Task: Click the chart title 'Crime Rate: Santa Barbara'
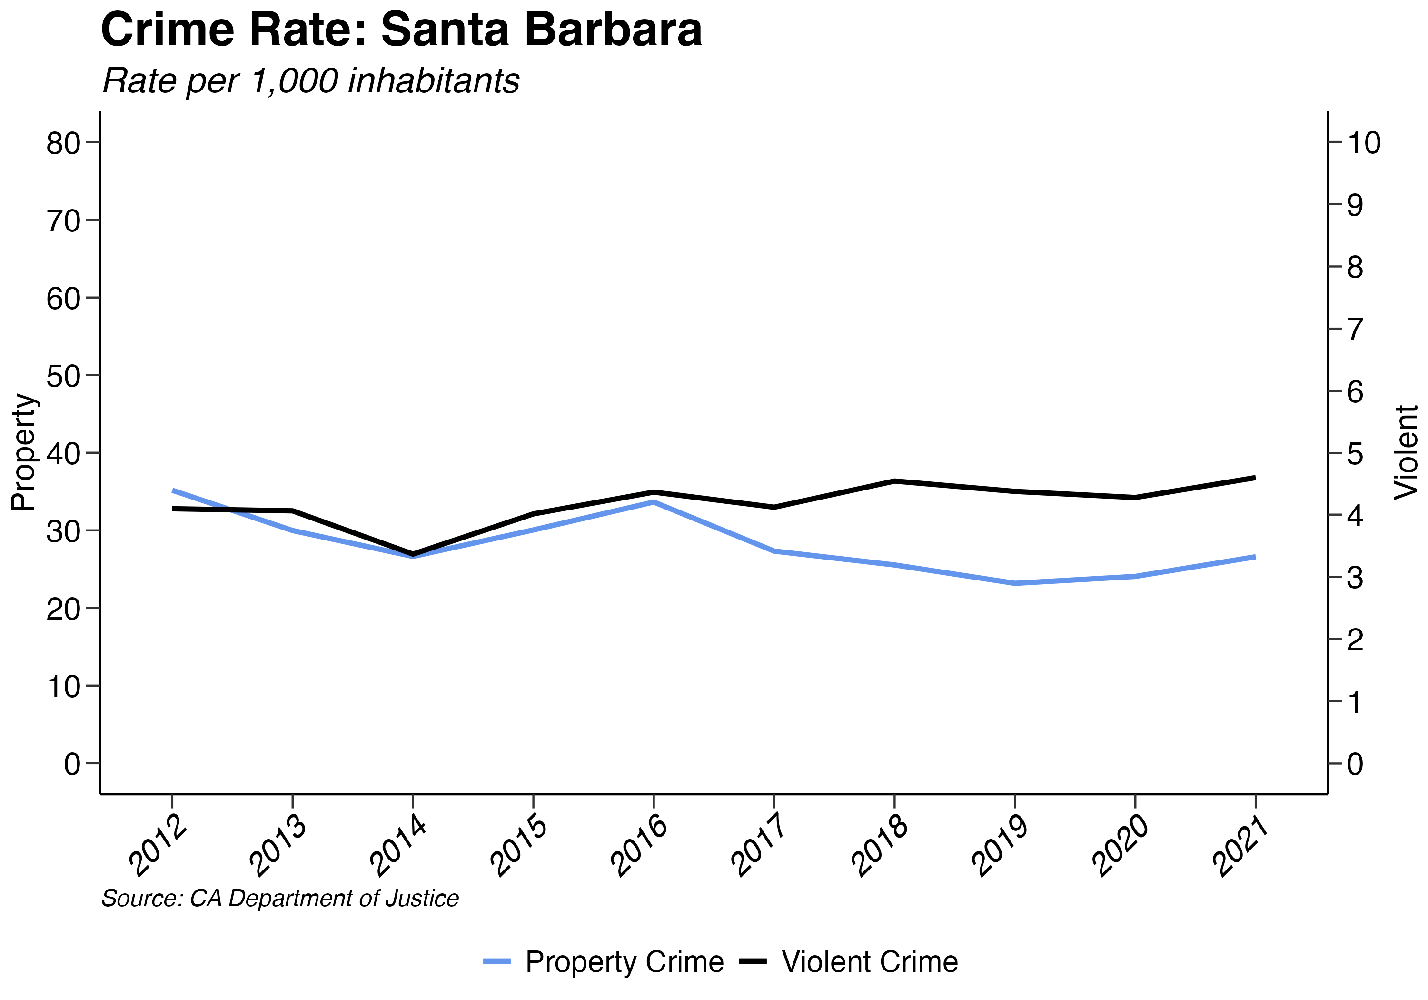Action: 401,30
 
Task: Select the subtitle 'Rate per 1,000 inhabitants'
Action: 311,81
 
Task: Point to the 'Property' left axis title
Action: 24,452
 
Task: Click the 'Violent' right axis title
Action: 1406,452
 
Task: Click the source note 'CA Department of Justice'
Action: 280,899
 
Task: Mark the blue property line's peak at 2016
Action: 654,501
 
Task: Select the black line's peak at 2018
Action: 894,481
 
